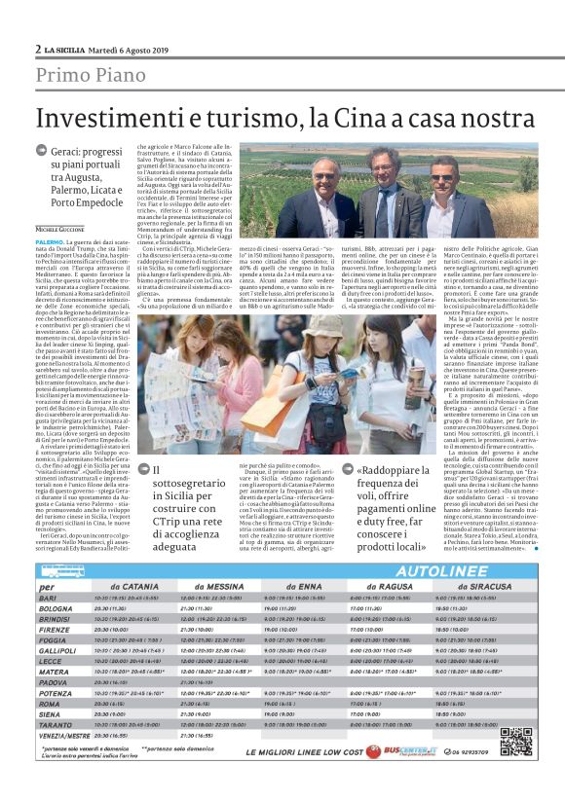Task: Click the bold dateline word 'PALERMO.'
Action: click(50, 238)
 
